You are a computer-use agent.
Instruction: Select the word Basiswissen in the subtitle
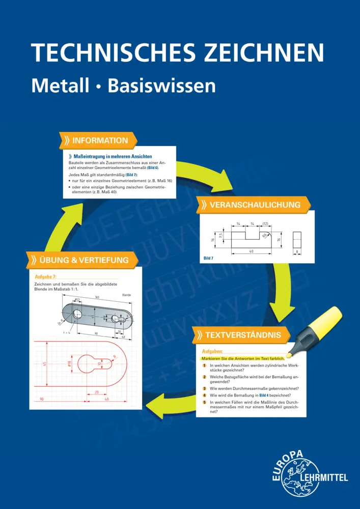pyautogui.click(x=162, y=85)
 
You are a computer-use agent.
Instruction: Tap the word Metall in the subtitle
pyautogui.click(x=61, y=85)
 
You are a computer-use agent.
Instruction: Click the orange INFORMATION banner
pyautogui.click(x=98, y=140)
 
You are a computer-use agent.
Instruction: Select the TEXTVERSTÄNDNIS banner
pyautogui.click(x=241, y=335)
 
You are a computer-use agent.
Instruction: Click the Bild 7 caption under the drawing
pyautogui.click(x=208, y=259)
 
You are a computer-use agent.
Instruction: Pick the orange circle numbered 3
pyautogui.click(x=204, y=388)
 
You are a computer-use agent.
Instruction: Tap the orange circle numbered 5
pyautogui.click(x=204, y=403)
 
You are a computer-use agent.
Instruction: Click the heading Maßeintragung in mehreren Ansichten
pyautogui.click(x=113, y=156)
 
